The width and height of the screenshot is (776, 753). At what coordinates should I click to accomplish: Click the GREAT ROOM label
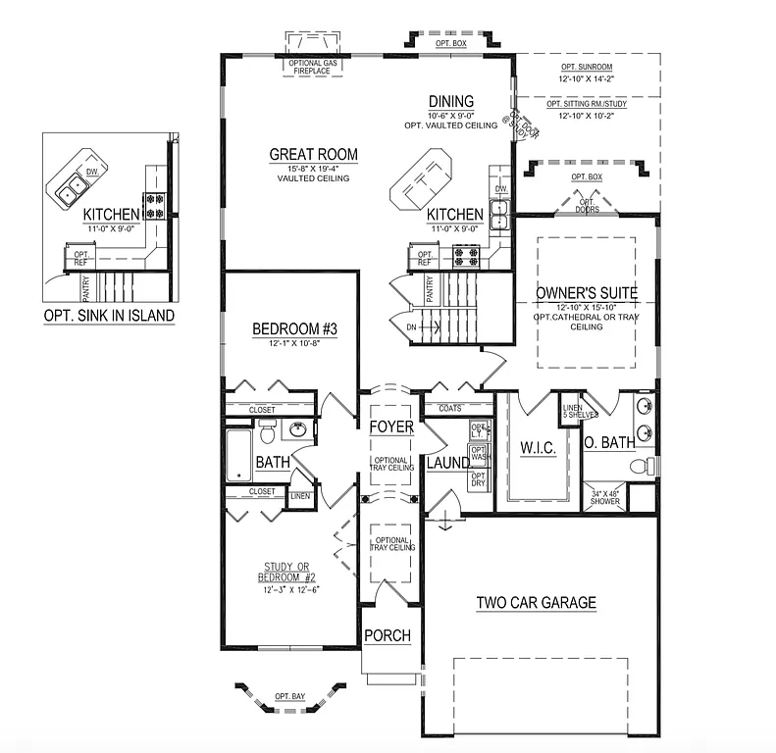314,154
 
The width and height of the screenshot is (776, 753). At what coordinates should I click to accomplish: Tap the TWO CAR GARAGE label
536,603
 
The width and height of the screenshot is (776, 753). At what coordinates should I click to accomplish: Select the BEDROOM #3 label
294,329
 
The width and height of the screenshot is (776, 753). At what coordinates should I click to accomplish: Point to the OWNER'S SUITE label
587,292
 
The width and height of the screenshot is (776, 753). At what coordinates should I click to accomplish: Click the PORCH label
387,635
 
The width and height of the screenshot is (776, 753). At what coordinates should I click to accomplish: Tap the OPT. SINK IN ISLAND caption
109,316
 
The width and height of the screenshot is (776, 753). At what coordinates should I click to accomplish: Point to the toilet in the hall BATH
266,431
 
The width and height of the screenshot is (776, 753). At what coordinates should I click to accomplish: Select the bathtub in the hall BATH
238,454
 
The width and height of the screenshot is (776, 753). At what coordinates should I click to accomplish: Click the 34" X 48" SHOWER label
605,497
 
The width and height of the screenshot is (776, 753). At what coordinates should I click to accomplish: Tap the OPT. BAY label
290,696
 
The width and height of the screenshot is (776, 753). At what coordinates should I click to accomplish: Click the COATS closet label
450,408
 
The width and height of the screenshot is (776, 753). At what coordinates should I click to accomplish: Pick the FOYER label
391,427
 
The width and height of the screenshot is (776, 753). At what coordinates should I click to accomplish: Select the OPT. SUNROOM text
588,67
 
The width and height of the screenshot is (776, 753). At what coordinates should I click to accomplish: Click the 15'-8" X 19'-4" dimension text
314,169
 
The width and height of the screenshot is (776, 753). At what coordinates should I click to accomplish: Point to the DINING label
451,101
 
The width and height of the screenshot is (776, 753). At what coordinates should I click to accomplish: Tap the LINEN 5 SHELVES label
574,413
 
